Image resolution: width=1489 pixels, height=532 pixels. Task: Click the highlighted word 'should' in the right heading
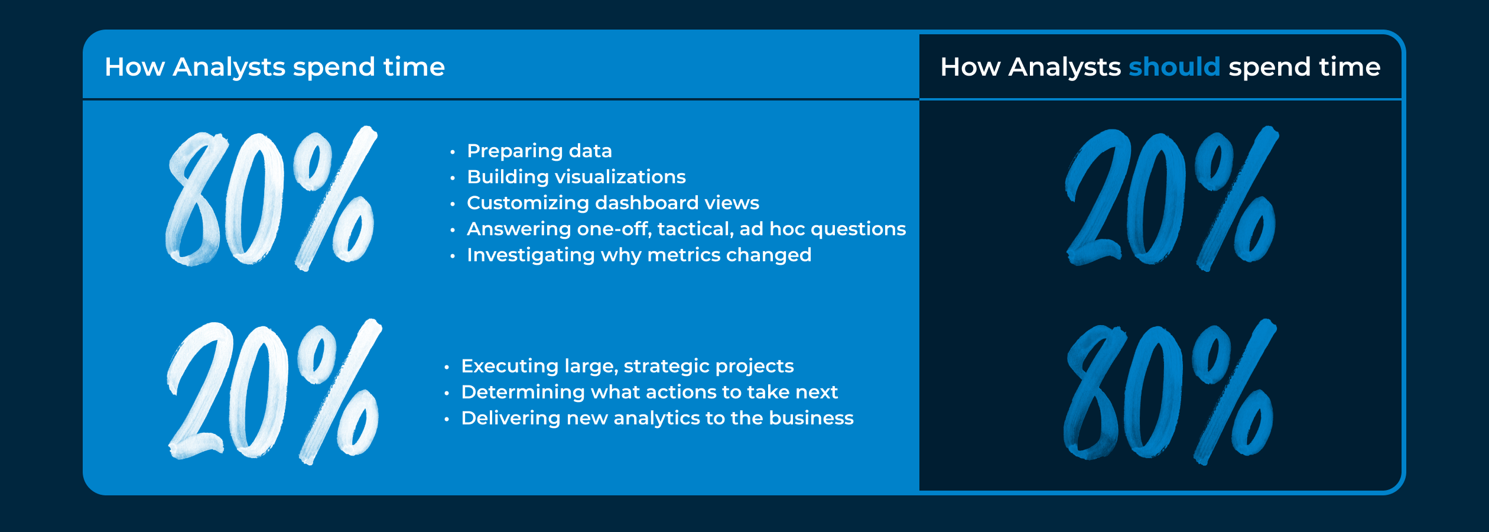coord(1174,67)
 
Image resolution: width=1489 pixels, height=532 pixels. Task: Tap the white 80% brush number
coord(271,199)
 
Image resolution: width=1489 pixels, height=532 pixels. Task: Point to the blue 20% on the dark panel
coord(1172,199)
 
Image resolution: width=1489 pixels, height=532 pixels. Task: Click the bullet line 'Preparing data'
coord(539,151)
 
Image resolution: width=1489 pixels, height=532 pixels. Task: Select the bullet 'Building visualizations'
coord(576,177)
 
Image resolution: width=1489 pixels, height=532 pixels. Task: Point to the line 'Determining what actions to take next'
coord(649,392)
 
